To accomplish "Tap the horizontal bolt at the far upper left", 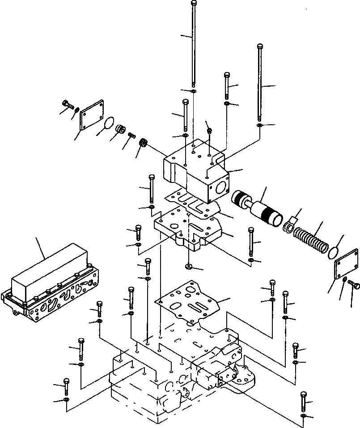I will (67, 104).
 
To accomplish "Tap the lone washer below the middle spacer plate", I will (188, 267).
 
